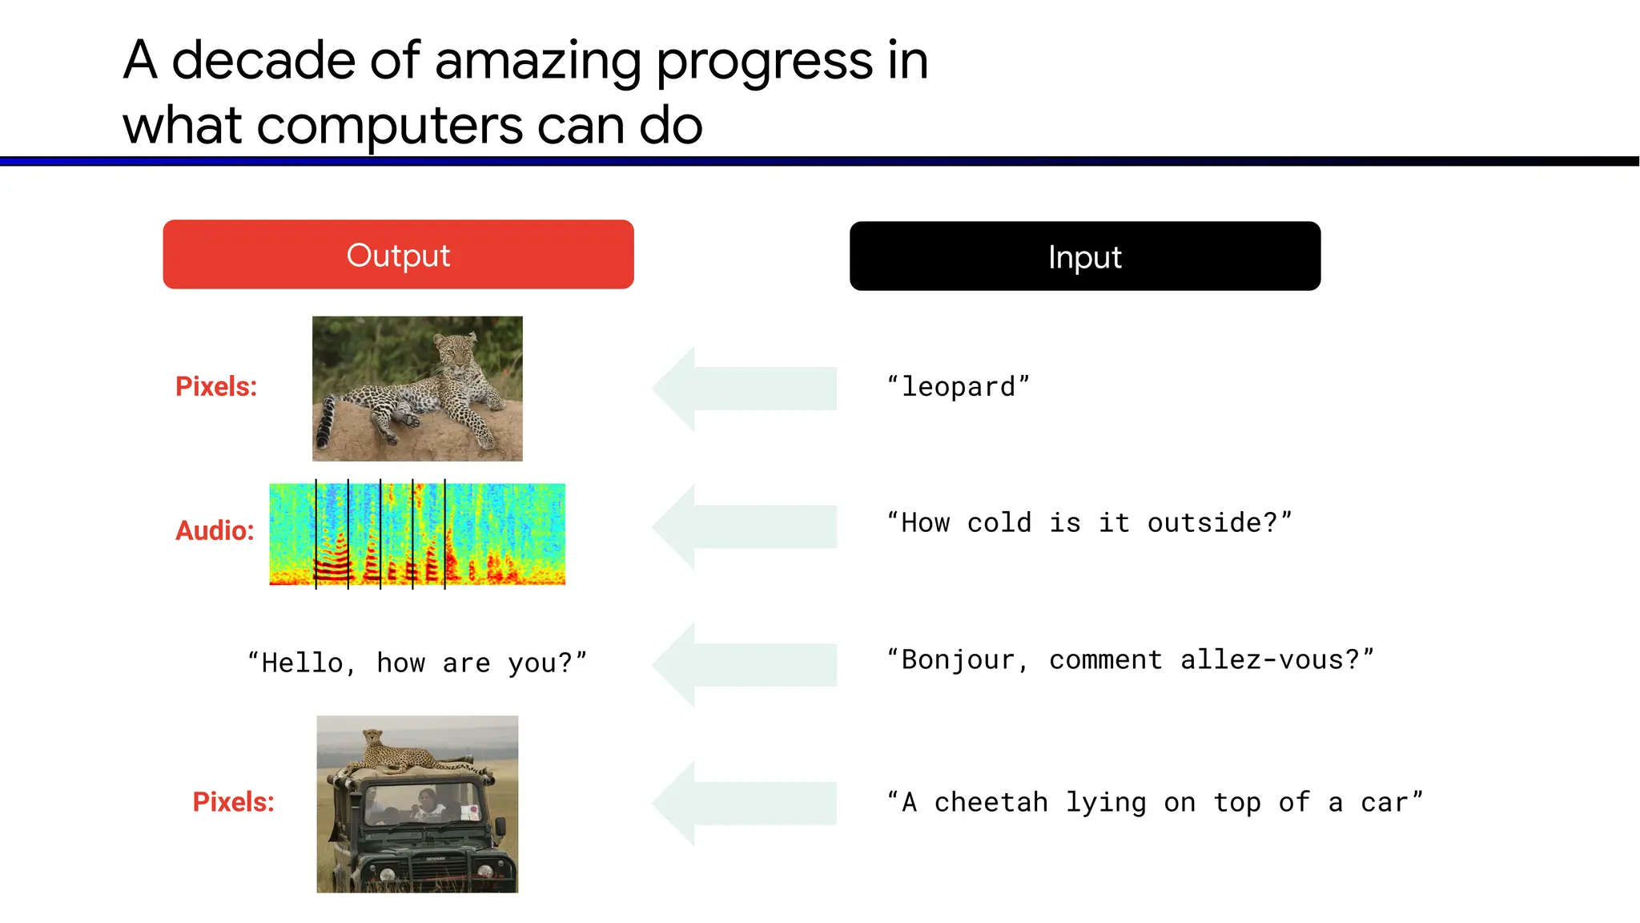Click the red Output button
tap(398, 255)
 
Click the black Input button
tap(1084, 256)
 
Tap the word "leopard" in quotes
tap(958, 387)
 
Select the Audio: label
tap(215, 530)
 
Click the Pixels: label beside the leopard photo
tap(216, 386)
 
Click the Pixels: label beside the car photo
tap(233, 802)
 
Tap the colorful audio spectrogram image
tap(417, 534)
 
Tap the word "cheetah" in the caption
tap(991, 803)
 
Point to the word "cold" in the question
tap(999, 523)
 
